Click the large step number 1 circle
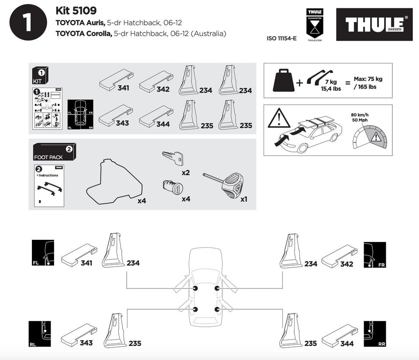click(x=28, y=22)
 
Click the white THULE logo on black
click(x=374, y=24)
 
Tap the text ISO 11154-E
click(x=282, y=38)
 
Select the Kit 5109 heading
click(x=76, y=10)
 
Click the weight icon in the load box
click(x=283, y=80)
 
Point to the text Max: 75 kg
click(x=368, y=79)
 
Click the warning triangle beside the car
click(x=279, y=118)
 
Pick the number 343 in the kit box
click(x=122, y=123)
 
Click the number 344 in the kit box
click(x=163, y=124)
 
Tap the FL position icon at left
click(x=43, y=253)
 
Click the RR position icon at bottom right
click(x=374, y=334)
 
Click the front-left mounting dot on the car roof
click(x=195, y=289)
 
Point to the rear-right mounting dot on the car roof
click(x=217, y=309)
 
